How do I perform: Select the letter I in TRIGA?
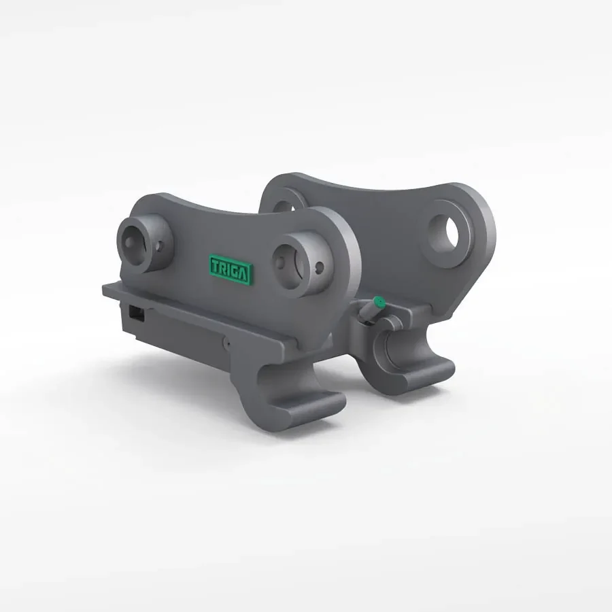(x=229, y=269)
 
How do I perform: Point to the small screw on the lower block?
(x=229, y=345)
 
